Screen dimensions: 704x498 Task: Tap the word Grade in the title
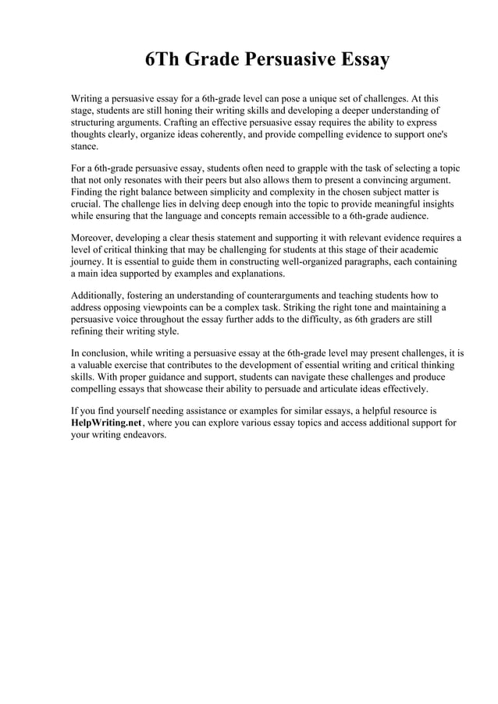click(x=213, y=60)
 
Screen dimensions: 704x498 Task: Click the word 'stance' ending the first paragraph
click(x=84, y=146)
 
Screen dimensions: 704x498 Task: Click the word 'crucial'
click(x=87, y=203)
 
